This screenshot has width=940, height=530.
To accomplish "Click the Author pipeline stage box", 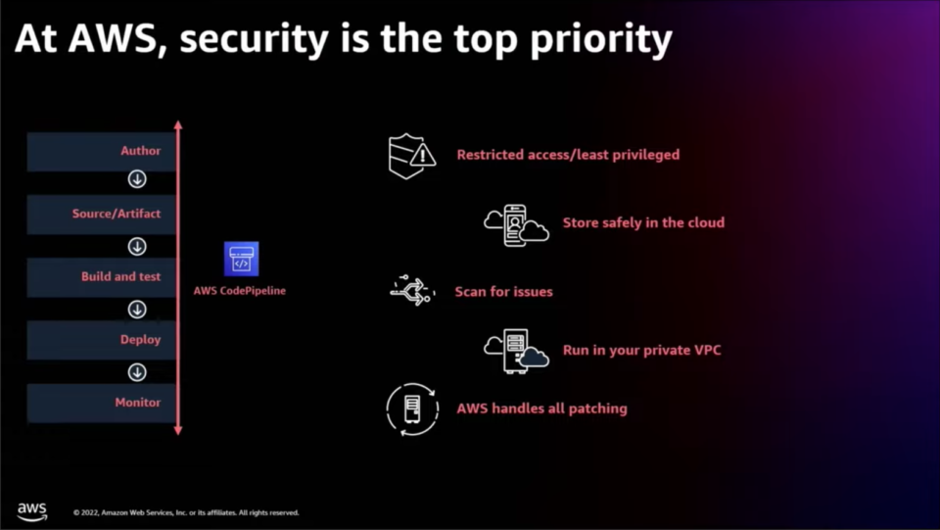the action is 101,151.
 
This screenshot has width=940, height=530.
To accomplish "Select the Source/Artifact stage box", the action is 101,214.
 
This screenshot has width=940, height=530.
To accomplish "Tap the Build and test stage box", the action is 101,277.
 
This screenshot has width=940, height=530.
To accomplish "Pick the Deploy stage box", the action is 101,340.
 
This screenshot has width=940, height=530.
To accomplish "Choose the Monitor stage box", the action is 101,403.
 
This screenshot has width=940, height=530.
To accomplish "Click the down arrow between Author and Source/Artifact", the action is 137,178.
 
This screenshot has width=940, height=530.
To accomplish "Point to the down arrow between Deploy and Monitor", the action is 137,372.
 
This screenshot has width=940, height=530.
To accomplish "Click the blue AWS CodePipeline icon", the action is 242,259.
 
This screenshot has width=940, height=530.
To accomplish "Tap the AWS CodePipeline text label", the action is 240,291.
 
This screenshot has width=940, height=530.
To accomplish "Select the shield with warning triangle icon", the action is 412,156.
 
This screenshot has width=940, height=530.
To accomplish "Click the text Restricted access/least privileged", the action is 568,155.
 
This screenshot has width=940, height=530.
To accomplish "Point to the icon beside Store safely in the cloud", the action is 516,225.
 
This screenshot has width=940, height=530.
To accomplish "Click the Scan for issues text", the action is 503,292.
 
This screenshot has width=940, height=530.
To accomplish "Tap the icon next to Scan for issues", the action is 412,291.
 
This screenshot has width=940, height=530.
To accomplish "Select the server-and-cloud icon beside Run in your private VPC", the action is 516,351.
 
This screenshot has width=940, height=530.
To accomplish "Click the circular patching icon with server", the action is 412,410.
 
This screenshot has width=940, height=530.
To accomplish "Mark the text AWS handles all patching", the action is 541,409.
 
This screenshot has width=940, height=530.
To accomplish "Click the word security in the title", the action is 255,39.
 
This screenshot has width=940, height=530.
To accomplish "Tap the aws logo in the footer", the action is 31,511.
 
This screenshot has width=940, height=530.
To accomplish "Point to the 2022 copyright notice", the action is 186,512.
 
